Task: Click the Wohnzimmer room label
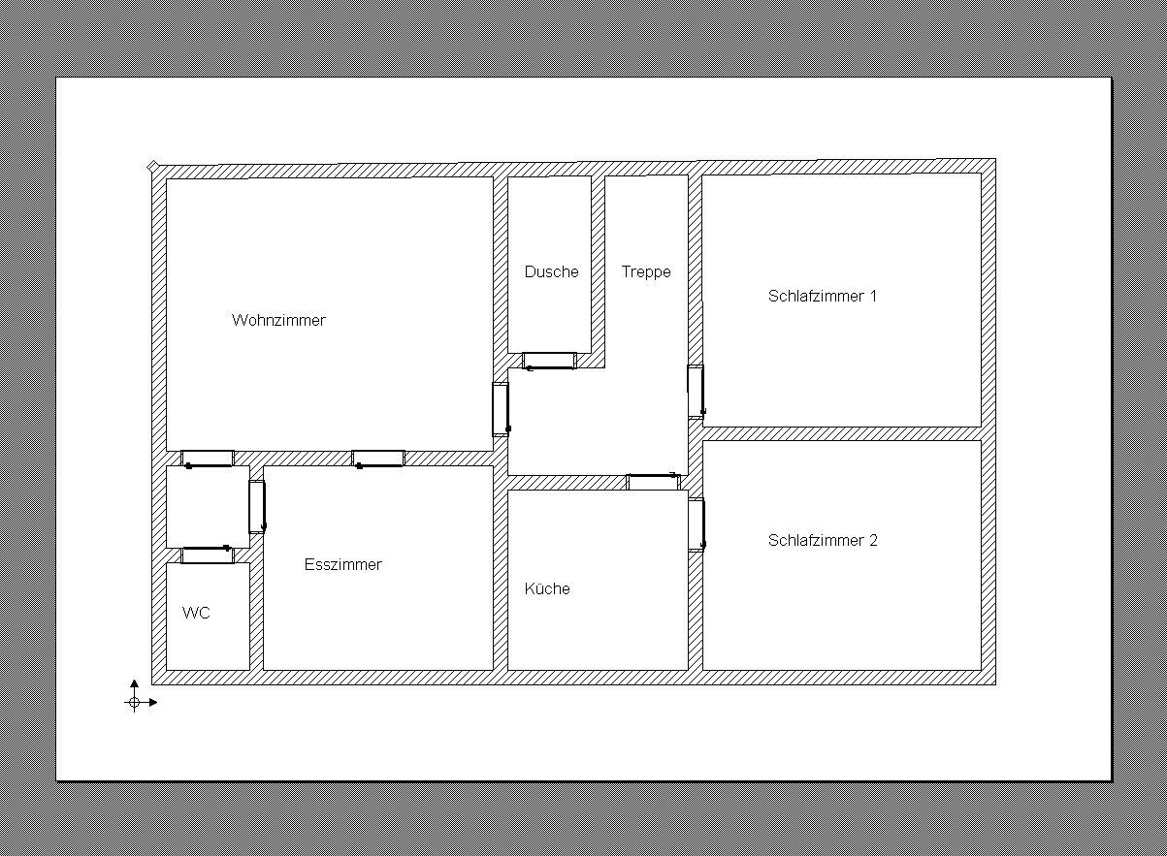[278, 320]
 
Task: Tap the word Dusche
[551, 271]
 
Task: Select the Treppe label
[646, 271]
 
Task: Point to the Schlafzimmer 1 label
[823, 296]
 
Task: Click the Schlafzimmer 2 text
[823, 540]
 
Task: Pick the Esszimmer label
[343, 564]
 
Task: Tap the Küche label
[547, 588]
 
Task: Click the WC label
[196, 613]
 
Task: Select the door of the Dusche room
[549, 361]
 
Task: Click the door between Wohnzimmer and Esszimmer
[378, 459]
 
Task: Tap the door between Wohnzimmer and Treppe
[501, 408]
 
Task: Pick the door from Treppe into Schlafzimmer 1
[696, 391]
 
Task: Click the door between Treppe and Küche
[653, 482]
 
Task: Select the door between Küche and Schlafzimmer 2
[696, 524]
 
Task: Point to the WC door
[208, 555]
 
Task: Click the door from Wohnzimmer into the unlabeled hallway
[208, 459]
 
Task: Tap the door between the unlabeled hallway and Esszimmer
[256, 506]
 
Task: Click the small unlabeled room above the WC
[207, 506]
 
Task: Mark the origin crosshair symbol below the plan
[134, 702]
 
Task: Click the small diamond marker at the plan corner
[152, 167]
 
